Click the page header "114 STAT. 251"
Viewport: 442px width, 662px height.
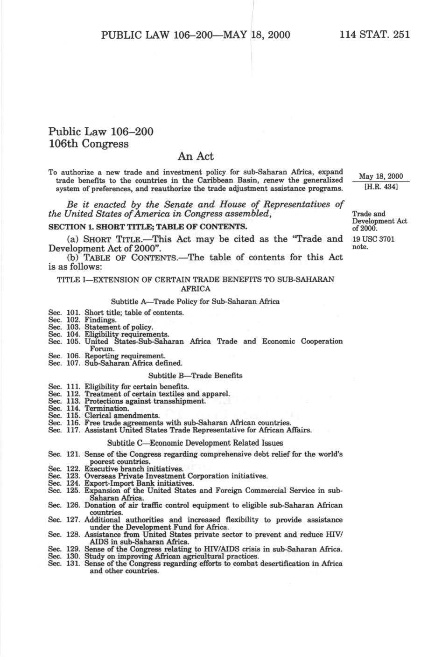coord(375,35)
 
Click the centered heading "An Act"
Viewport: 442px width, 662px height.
coord(196,156)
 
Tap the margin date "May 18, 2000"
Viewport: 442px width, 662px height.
coord(380,176)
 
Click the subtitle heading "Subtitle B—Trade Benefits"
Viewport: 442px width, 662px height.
coord(195,375)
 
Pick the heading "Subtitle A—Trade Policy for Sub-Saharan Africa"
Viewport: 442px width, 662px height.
coord(195,301)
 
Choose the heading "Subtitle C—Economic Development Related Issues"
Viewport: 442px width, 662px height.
coord(195,443)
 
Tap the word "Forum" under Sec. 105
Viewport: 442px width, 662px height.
coord(102,348)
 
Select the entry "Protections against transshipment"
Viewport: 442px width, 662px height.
coord(145,401)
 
